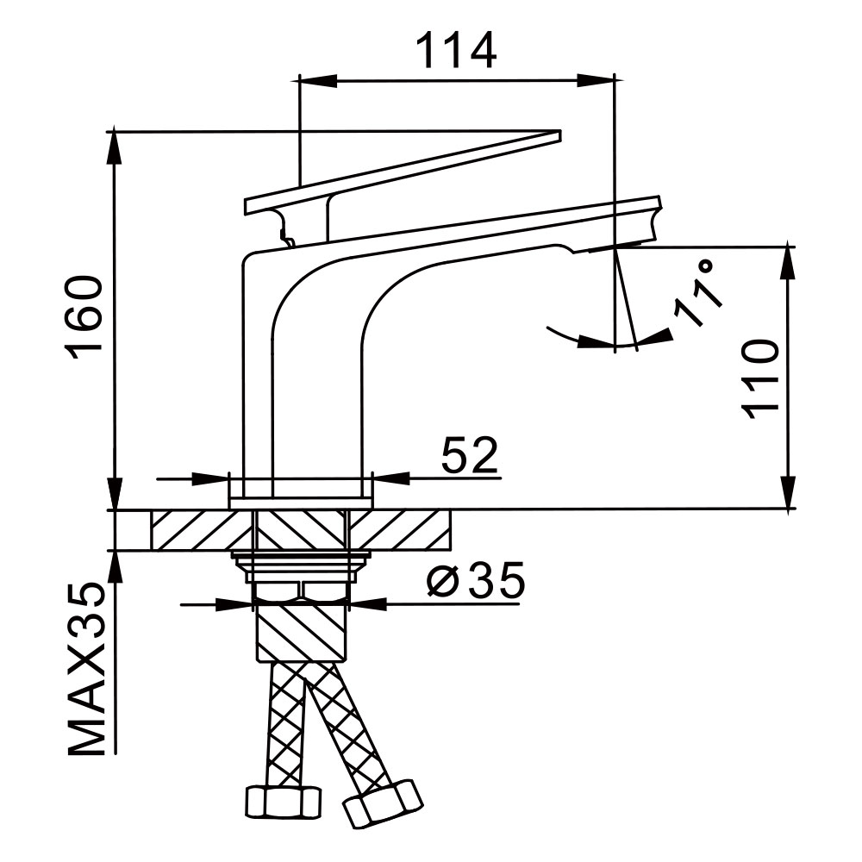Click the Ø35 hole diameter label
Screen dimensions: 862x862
475,584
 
